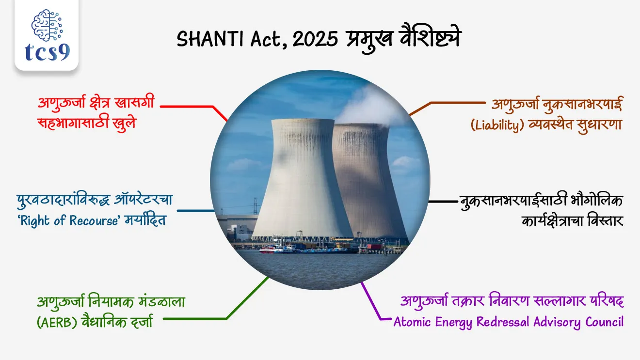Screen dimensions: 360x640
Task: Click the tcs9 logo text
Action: (x=47, y=51)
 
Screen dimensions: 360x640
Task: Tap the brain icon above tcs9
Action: (x=47, y=25)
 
